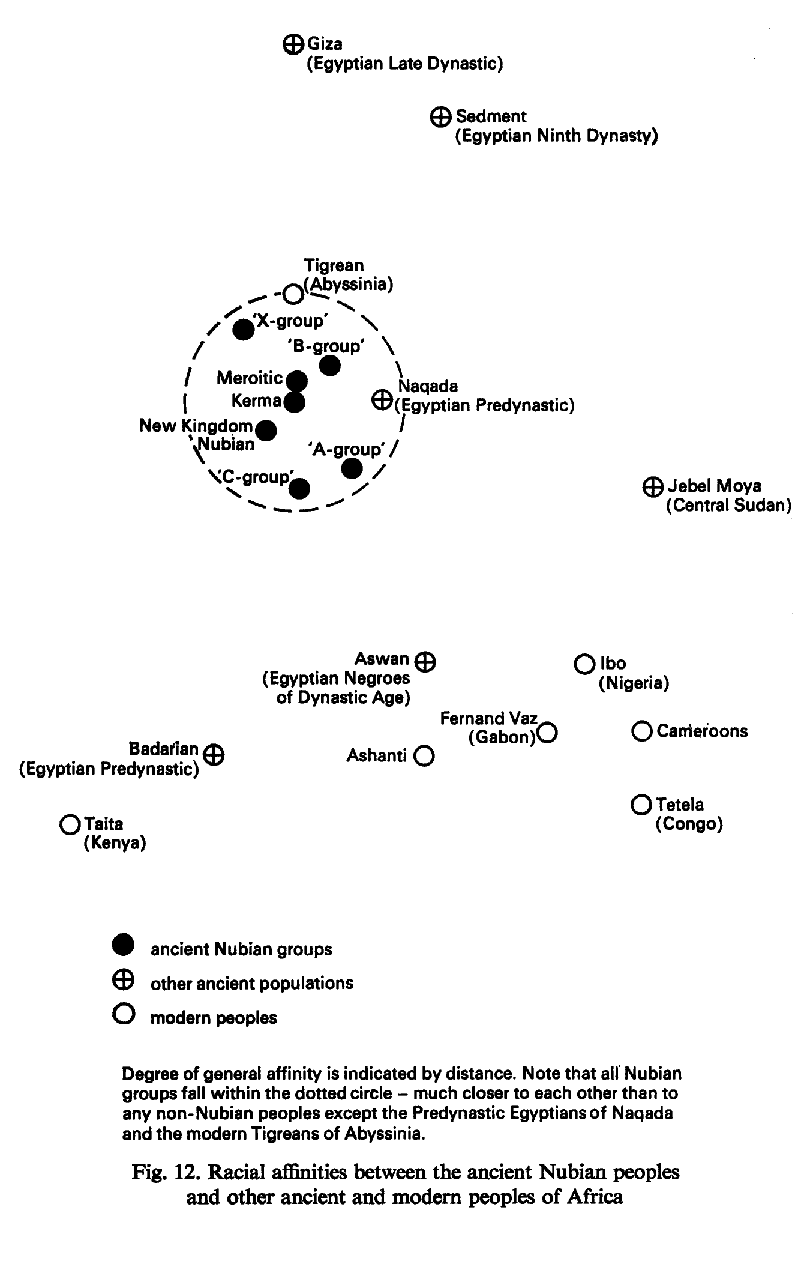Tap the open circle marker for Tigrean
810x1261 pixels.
pos(293,294)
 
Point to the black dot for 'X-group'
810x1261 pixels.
pos(243,329)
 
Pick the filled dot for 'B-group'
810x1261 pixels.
pos(330,365)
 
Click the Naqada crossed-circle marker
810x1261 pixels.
pos(382,399)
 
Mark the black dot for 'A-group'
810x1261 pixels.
pos(352,468)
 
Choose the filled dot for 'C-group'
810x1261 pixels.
pos(299,488)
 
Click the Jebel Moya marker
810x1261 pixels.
pos(652,486)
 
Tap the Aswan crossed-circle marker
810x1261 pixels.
pos(425,661)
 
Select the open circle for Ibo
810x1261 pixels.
pos(583,664)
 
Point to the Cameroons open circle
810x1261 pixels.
pos(641,731)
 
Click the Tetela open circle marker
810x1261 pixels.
pos(641,804)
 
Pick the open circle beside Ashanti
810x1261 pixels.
pos(424,756)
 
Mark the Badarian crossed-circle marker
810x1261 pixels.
pos(214,754)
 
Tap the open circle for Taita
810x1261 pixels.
pos(70,824)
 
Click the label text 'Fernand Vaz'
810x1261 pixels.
pos(489,718)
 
